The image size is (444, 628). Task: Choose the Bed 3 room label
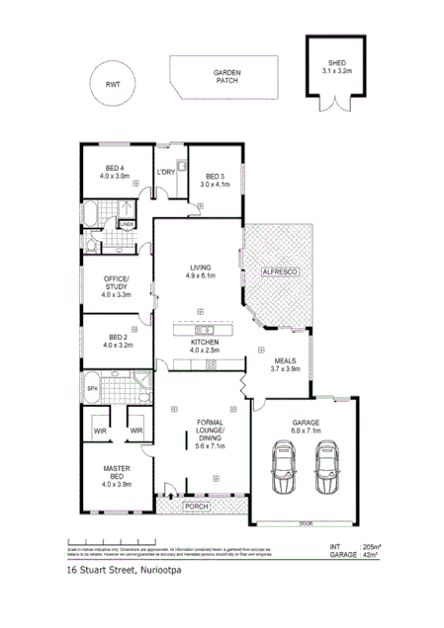click(x=215, y=180)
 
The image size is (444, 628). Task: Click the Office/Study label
click(x=116, y=287)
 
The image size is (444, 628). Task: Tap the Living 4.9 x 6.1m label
click(x=201, y=271)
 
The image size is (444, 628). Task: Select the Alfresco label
click(x=280, y=270)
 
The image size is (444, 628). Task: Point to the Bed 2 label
click(x=116, y=342)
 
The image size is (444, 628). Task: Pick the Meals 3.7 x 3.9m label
click(x=280, y=365)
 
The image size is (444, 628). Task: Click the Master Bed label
click(x=116, y=480)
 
